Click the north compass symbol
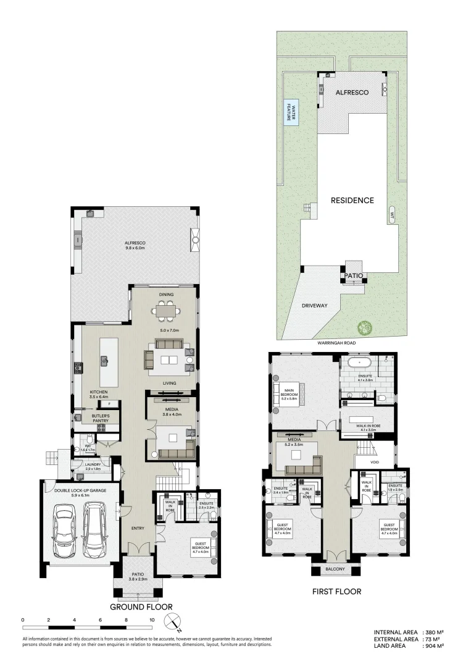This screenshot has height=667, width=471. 175,622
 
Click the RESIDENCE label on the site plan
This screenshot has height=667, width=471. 352,200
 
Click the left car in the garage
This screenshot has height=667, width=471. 64,529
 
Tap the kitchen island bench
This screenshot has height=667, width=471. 104,369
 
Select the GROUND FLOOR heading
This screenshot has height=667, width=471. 141,606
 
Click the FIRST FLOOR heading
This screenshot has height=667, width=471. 336,592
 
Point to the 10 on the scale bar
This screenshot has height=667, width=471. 152,619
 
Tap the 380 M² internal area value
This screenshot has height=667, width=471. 434,632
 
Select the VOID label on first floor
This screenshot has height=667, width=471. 375,462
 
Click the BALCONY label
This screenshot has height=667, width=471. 336,569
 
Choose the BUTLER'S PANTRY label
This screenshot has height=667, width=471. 101,418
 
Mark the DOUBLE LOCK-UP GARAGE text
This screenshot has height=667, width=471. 80,492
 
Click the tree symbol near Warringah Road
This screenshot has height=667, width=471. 364,327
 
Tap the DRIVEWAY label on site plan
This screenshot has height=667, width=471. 314,306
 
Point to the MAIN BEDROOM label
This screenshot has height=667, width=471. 289,396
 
